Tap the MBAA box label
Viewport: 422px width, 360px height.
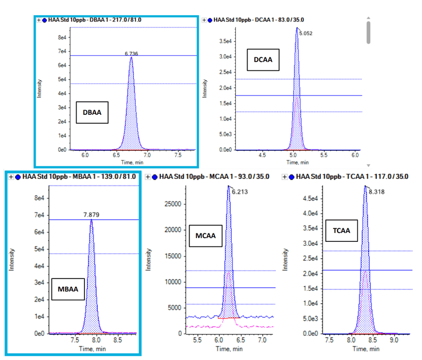pos(68,290)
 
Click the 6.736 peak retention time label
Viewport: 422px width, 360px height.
pos(131,53)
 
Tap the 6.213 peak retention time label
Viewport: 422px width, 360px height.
pos(240,192)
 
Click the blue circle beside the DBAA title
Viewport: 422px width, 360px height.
pos(46,20)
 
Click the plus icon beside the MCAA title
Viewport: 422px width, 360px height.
pos(148,177)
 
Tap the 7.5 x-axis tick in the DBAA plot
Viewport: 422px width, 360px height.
pos(177,155)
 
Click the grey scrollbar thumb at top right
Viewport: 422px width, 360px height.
pos(368,32)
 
